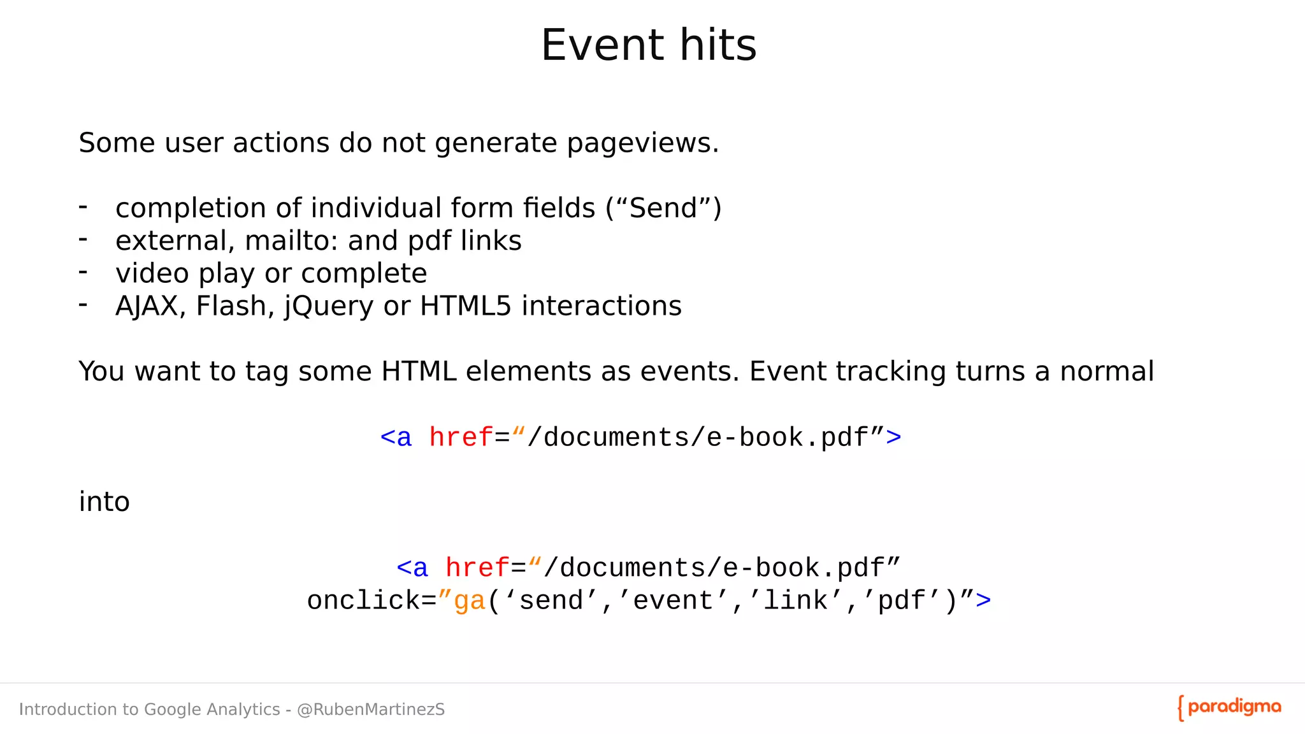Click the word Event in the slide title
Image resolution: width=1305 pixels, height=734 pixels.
(x=602, y=45)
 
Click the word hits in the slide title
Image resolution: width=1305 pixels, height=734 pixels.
(x=718, y=45)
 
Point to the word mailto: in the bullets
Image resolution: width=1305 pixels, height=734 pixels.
(x=291, y=241)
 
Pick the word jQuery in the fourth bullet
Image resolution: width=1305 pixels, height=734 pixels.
(x=328, y=307)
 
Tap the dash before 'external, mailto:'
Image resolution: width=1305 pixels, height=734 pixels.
(x=83, y=240)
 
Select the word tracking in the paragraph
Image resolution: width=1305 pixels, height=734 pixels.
(x=892, y=371)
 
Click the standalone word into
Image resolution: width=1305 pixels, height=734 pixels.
(x=104, y=502)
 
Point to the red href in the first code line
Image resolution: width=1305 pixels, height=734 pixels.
(x=461, y=438)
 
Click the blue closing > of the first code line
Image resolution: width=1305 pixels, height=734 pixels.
(x=893, y=438)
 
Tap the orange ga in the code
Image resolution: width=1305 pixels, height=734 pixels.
(x=470, y=601)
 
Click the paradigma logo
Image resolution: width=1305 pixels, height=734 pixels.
(x=1229, y=708)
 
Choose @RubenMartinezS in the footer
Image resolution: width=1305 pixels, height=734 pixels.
(x=371, y=710)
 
